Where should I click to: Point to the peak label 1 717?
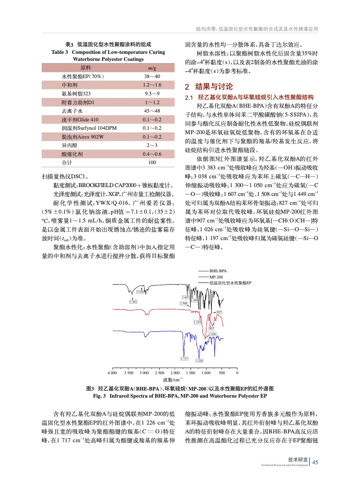pos(184,358)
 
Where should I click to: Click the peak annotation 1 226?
pos(199,361)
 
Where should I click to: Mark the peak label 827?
pos(219,312)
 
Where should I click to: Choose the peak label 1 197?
pos(197,323)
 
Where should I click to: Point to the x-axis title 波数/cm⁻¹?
pos(173,380)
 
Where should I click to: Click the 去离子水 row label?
pos(70,111)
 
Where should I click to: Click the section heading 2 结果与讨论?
pos(209,86)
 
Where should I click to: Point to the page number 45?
pos(315,462)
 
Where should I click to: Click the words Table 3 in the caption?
pos(60,52)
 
